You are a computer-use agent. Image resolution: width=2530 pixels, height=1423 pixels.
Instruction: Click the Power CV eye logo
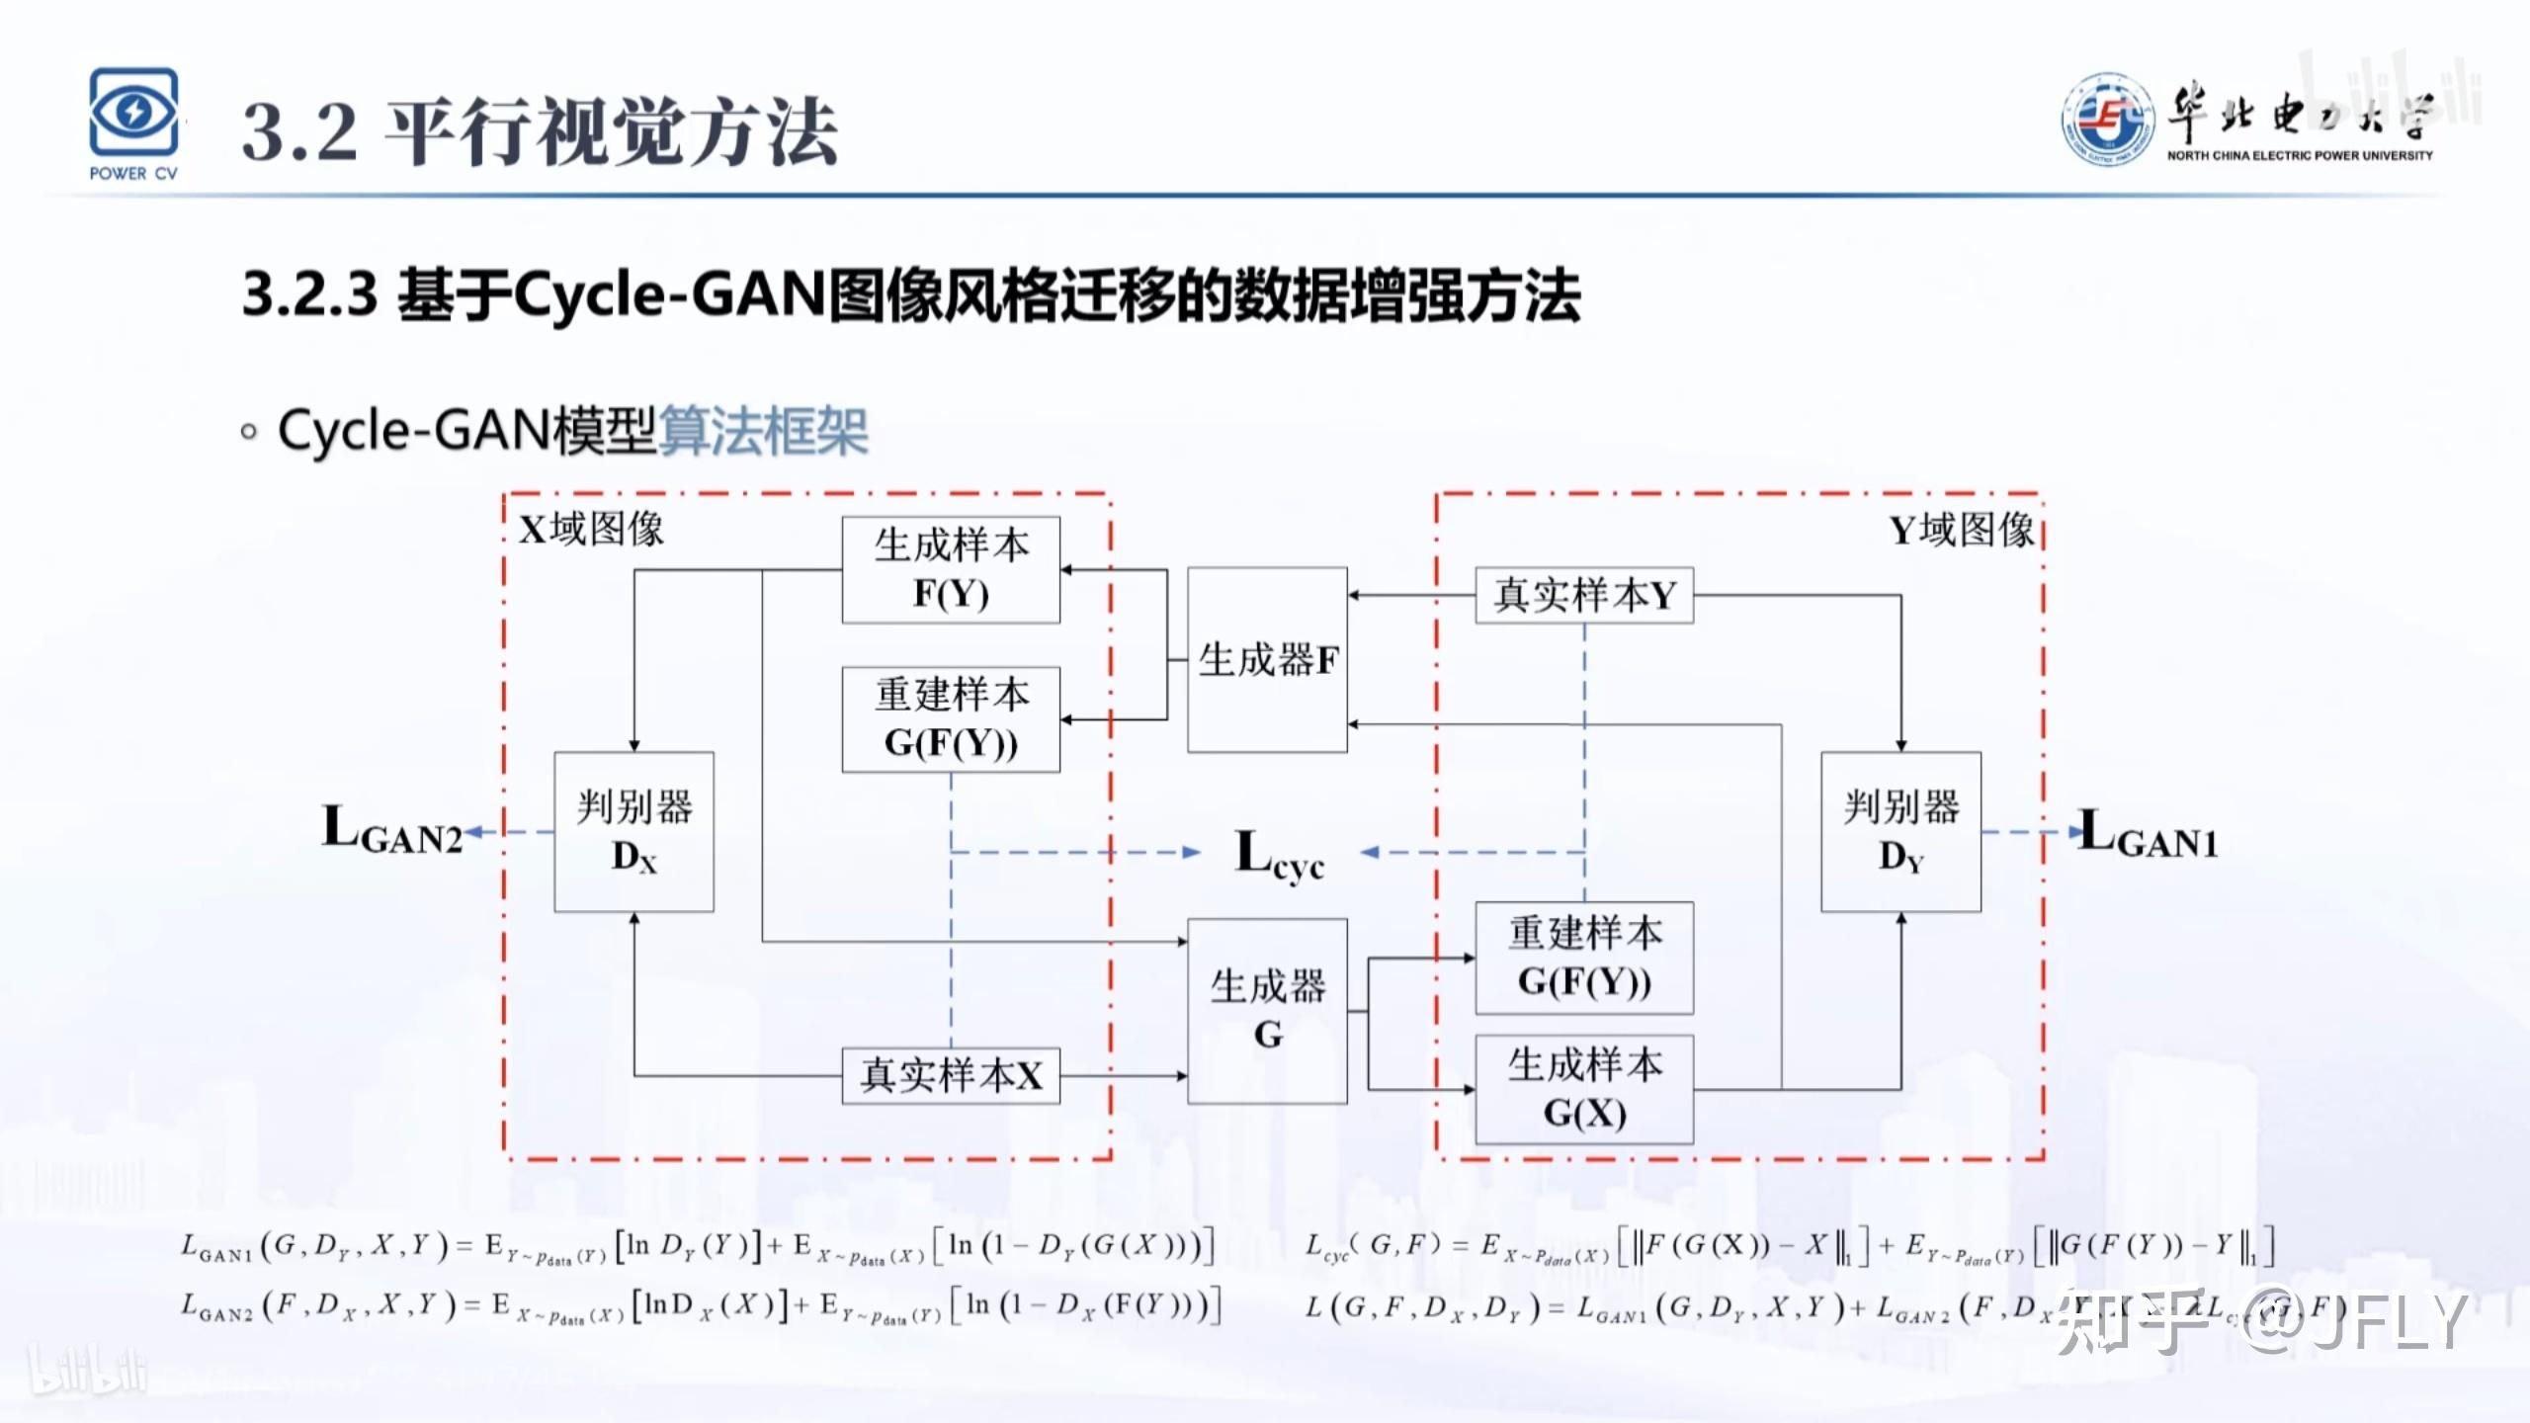click(x=133, y=113)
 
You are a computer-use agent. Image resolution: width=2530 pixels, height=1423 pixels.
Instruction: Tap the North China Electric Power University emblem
click(x=2107, y=120)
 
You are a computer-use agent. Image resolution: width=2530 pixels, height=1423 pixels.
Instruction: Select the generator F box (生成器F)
click(x=1267, y=659)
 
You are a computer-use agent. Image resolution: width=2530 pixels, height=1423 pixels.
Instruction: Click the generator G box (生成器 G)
click(x=1267, y=1010)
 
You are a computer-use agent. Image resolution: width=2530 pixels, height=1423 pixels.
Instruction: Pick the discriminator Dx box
click(x=633, y=831)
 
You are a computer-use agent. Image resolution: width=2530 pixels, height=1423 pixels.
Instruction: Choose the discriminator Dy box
click(x=1900, y=831)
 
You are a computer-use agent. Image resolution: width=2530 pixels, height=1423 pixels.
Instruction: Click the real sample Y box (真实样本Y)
click(x=1584, y=595)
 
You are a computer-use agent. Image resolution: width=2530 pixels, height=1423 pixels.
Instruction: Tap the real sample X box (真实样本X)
click(x=951, y=1075)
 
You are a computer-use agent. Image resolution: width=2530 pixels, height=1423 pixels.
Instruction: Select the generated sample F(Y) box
click(x=951, y=569)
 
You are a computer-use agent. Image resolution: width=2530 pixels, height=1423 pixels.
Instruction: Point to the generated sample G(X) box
click(x=1584, y=1089)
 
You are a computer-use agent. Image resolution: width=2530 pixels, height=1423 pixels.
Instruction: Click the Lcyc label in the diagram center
click(x=1279, y=854)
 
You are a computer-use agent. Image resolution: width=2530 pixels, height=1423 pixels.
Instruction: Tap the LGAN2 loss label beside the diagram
click(x=392, y=830)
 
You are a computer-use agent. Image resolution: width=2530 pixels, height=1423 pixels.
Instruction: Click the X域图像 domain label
click(x=591, y=530)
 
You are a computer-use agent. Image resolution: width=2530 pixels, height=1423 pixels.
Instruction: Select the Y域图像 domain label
click(x=1962, y=531)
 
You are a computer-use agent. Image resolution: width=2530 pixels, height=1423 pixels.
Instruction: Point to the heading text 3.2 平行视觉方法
click(x=540, y=132)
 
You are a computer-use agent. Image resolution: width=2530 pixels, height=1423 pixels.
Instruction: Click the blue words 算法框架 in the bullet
click(x=763, y=431)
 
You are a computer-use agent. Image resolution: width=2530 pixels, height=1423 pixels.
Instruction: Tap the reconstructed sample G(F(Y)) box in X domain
click(x=951, y=718)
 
